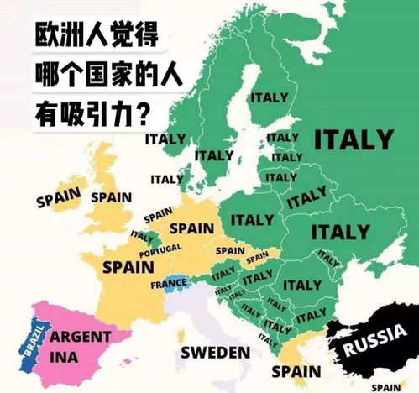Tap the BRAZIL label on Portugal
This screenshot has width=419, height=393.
point(32,343)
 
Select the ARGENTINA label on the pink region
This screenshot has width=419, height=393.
point(81,343)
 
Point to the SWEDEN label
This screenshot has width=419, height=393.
point(215,351)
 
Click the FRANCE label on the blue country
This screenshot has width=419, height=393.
point(169,284)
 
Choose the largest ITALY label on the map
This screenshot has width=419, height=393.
point(353,139)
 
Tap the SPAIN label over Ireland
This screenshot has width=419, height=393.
point(57,197)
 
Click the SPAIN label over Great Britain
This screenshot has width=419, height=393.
point(111,197)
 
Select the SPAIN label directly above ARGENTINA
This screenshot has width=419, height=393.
point(128,268)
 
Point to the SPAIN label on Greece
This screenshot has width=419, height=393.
point(295,370)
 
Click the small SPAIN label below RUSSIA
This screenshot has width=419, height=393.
point(386,387)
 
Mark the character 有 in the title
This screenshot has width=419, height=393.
point(48,111)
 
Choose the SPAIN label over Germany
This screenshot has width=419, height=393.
point(191,228)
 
